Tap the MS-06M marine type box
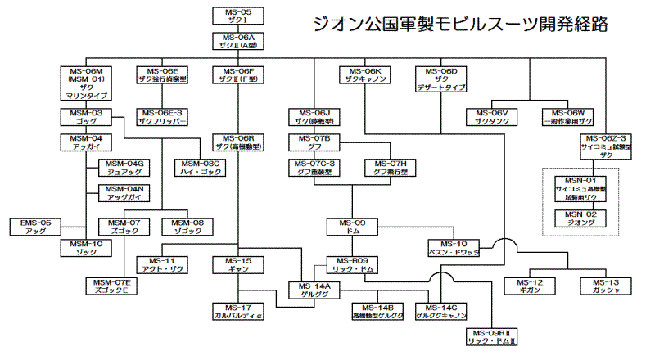86,83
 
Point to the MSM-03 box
85,116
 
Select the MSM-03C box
204,169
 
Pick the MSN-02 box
580,218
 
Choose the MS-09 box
353,227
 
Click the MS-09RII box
490,335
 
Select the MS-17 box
237,310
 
